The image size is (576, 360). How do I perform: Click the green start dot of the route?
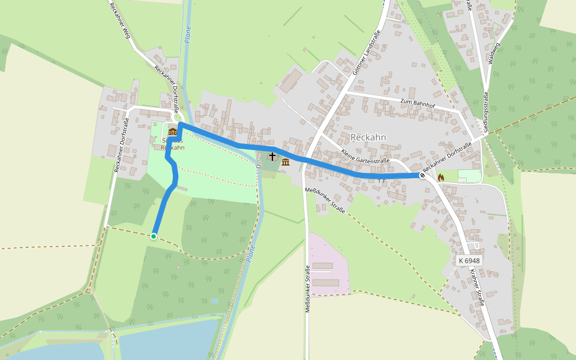154,236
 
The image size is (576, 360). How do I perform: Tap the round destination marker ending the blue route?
422,176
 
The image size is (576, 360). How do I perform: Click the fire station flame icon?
441,177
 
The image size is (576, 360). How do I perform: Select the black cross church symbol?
272,157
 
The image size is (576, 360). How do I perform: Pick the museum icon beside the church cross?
285,162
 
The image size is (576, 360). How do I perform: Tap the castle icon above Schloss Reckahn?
173,132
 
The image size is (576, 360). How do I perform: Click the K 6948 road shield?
469,260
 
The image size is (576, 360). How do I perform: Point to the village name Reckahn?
368,137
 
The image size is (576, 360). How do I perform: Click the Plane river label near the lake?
250,254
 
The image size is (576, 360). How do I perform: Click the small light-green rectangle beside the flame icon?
469,176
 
